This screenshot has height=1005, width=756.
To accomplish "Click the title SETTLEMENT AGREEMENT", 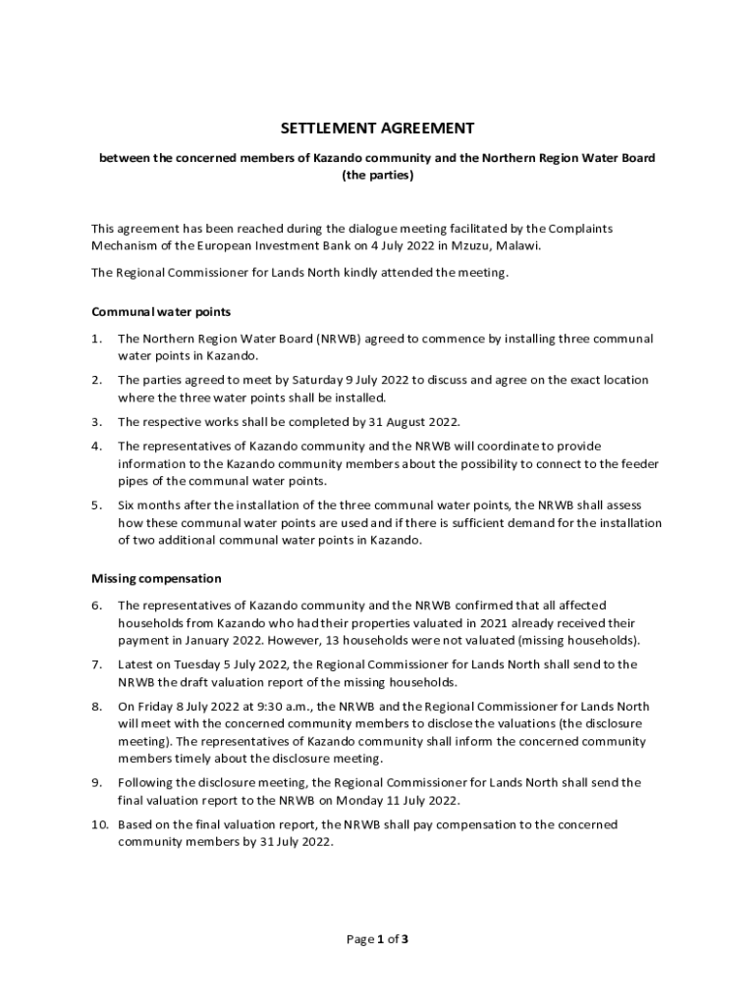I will (x=378, y=128).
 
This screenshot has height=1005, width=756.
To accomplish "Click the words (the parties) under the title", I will (x=378, y=176).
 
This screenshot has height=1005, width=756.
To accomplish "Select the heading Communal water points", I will (x=161, y=312).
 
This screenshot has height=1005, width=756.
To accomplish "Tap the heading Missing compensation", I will (x=156, y=578).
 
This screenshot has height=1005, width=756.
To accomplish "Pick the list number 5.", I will (x=96, y=504).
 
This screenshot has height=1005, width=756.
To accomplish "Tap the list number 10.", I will (x=99, y=824).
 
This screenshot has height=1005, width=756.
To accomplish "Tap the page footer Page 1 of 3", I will (x=378, y=939).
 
